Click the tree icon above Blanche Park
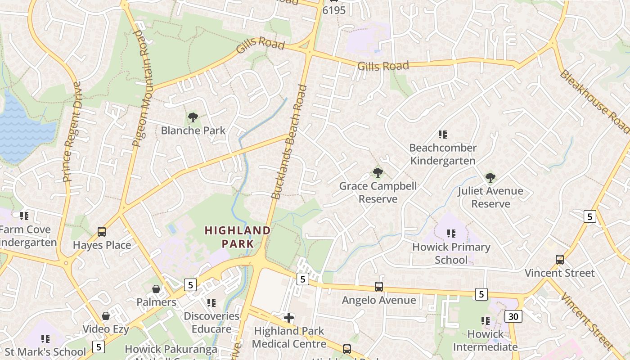click(193, 118)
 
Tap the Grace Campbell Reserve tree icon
click(378, 173)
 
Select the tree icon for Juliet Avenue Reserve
click(490, 178)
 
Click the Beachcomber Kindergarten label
click(443, 154)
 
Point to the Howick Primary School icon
click(451, 234)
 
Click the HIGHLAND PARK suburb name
click(238, 237)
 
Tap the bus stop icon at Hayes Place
click(102, 232)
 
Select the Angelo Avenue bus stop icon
click(379, 287)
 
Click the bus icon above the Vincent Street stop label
click(560, 260)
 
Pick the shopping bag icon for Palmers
click(156, 289)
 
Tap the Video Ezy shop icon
click(106, 316)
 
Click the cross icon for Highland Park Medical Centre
click(289, 318)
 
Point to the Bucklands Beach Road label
click(290, 142)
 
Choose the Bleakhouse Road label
click(594, 101)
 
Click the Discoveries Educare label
click(211, 322)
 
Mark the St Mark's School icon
click(45, 338)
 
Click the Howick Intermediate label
click(485, 341)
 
